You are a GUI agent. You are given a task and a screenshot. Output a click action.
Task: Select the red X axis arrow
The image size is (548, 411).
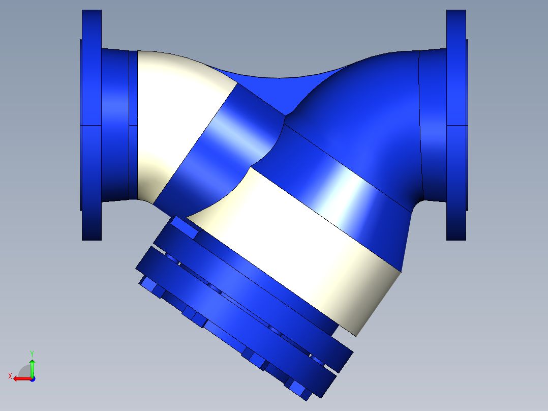click(20, 378)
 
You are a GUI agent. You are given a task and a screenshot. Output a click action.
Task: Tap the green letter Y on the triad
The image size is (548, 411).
click(32, 353)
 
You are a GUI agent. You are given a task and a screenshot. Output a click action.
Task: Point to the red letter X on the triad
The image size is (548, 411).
click(10, 376)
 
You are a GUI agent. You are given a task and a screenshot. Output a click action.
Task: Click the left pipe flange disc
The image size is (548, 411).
click(92, 125)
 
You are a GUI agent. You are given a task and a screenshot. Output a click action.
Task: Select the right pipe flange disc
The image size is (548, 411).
click(456, 125)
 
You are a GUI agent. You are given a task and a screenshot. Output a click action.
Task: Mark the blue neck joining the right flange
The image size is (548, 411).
click(432, 125)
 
